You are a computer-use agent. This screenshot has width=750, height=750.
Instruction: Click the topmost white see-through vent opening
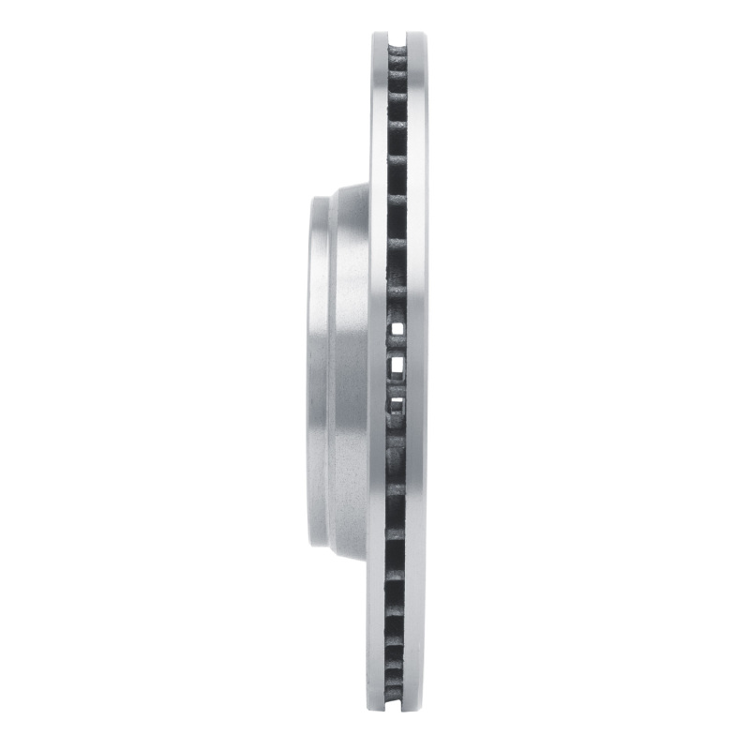[x=397, y=327]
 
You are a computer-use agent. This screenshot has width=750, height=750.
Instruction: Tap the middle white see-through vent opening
[x=397, y=365]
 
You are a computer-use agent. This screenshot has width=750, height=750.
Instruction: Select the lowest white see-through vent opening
[x=397, y=404]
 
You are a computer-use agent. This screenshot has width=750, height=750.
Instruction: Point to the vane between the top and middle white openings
[x=397, y=346]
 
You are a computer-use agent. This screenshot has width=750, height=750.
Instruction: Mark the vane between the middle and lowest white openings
[x=397, y=384]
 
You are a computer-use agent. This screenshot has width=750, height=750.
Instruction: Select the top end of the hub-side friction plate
[x=378, y=37]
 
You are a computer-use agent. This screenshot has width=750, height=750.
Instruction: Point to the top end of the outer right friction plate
[x=417, y=37]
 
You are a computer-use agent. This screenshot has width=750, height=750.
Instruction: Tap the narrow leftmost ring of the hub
[x=317, y=375]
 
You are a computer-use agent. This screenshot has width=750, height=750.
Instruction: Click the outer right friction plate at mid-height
[x=417, y=375]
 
